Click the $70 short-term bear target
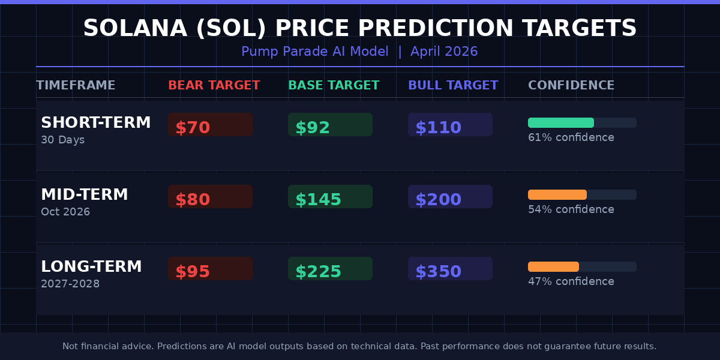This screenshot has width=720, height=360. [x=210, y=125]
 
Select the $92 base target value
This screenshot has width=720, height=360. [x=330, y=125]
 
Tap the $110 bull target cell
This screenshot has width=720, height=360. [x=450, y=125]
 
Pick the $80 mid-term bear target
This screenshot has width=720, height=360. [x=210, y=197]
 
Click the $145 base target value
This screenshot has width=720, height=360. [x=330, y=197]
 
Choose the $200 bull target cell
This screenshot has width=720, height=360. [x=450, y=197]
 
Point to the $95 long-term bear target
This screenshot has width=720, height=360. [x=210, y=269]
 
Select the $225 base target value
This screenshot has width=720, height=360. [x=330, y=269]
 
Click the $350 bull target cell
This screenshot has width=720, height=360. [x=450, y=269]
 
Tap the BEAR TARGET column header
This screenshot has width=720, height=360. [x=214, y=85]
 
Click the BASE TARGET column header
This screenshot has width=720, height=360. [x=334, y=85]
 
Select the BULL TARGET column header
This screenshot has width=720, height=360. [x=453, y=85]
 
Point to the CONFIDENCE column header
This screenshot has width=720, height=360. [x=571, y=85]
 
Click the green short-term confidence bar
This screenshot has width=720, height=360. [x=560, y=122]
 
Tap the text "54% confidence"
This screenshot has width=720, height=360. [x=571, y=209]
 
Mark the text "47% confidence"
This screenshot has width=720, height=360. [x=571, y=281]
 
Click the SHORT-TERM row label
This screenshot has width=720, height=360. [x=95, y=123]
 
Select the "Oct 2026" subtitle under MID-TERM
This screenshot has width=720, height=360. [x=65, y=212]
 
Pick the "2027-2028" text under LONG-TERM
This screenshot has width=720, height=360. [x=70, y=284]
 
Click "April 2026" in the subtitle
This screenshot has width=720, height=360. [x=444, y=52]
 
